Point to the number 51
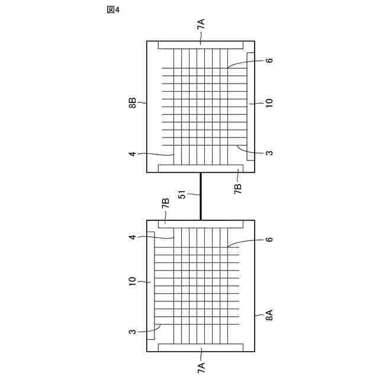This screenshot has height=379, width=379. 182,195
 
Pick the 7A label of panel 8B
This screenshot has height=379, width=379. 201,24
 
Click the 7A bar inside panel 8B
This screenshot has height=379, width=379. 201,45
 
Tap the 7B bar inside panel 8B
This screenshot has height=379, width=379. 201,168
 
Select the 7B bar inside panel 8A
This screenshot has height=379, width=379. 201,224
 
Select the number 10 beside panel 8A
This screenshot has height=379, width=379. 133,281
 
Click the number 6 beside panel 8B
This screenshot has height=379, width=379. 269,61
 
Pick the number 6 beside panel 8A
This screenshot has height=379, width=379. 269,239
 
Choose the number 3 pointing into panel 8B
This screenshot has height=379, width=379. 269,153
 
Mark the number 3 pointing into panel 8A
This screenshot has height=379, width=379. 133,332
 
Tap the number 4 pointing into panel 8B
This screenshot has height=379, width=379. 133,155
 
